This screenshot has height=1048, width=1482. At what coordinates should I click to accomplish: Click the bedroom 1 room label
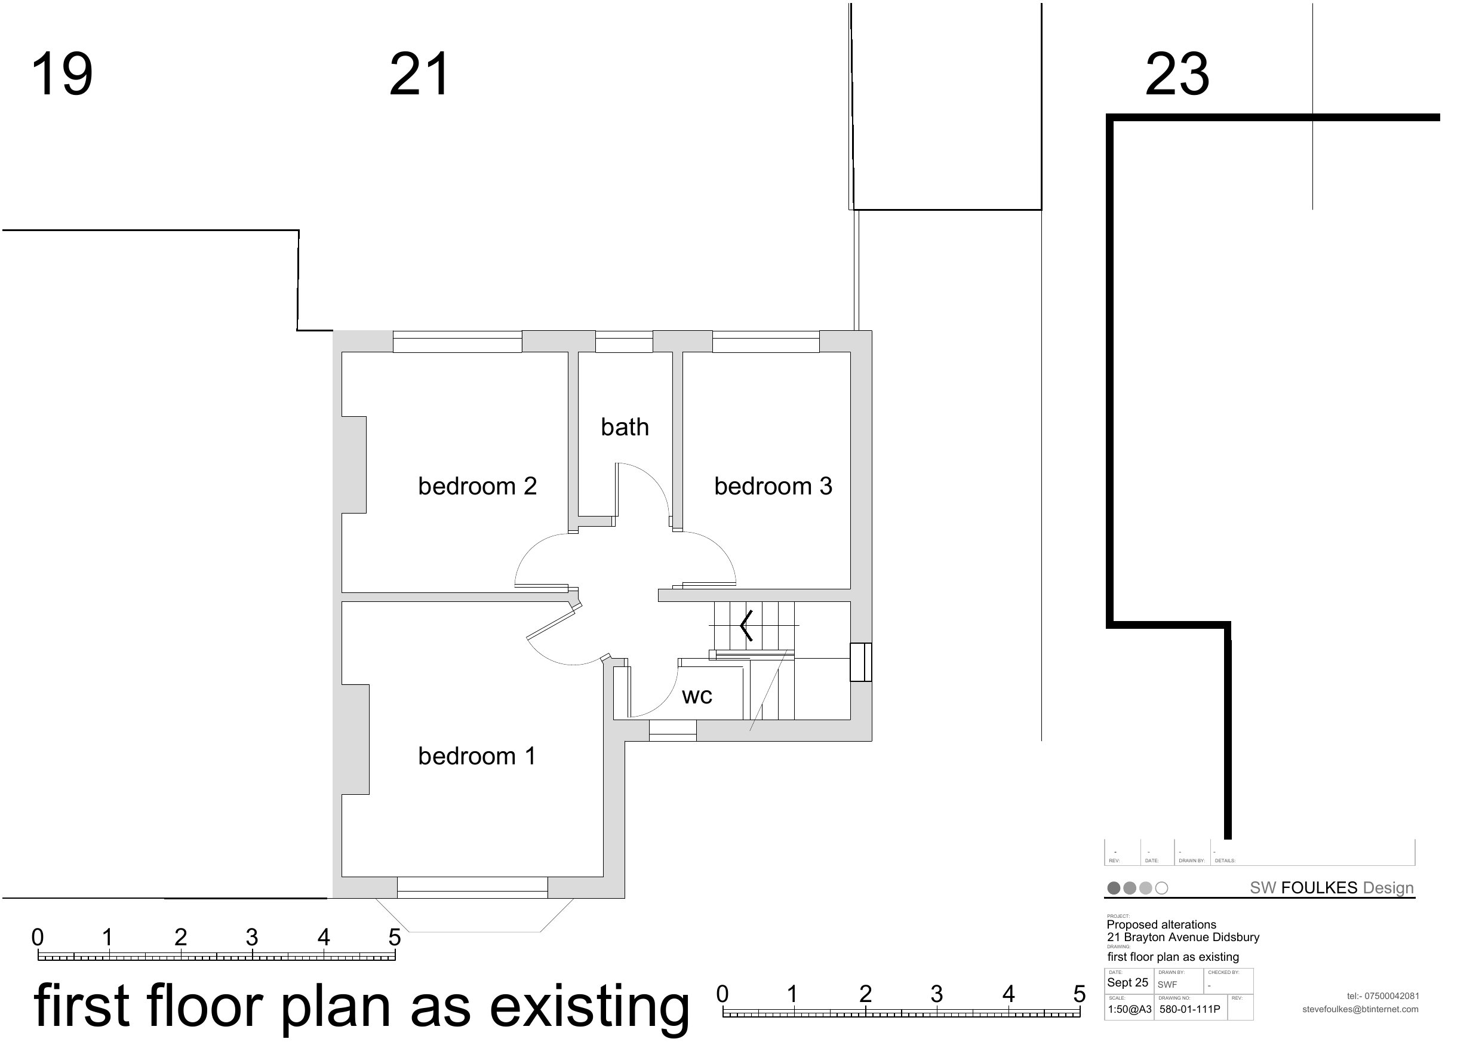point(477,756)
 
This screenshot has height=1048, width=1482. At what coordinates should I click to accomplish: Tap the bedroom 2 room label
point(478,486)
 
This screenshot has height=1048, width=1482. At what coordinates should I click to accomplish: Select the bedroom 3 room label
point(773,486)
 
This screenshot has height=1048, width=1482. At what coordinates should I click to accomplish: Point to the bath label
point(625,427)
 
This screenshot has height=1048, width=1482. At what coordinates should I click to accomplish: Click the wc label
point(697,696)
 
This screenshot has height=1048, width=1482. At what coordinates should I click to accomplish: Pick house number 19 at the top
point(62,74)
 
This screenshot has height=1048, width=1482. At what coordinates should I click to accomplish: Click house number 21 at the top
point(420,74)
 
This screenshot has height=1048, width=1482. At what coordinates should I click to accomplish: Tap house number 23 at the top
point(1177,74)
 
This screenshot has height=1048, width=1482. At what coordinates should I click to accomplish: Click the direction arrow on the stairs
point(746,625)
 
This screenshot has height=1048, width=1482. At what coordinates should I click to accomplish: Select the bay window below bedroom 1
point(475,915)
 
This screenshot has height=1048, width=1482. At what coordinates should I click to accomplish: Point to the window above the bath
point(624,342)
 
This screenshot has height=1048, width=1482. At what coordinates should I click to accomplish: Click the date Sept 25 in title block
point(1128,983)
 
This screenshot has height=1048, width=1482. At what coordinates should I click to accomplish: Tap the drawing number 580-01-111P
point(1189,1009)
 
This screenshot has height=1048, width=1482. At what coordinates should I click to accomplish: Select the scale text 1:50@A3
point(1130,1009)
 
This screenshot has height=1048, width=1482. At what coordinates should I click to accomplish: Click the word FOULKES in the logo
point(1320,888)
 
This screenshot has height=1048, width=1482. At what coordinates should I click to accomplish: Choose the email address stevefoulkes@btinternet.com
point(1361,1009)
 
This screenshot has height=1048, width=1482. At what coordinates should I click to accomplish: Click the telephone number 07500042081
point(1392,996)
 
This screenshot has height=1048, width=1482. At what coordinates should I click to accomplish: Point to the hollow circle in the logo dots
point(1162,888)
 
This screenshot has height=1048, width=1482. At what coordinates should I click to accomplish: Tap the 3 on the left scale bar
point(252,937)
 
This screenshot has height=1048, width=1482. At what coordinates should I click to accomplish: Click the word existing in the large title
point(590,1007)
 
